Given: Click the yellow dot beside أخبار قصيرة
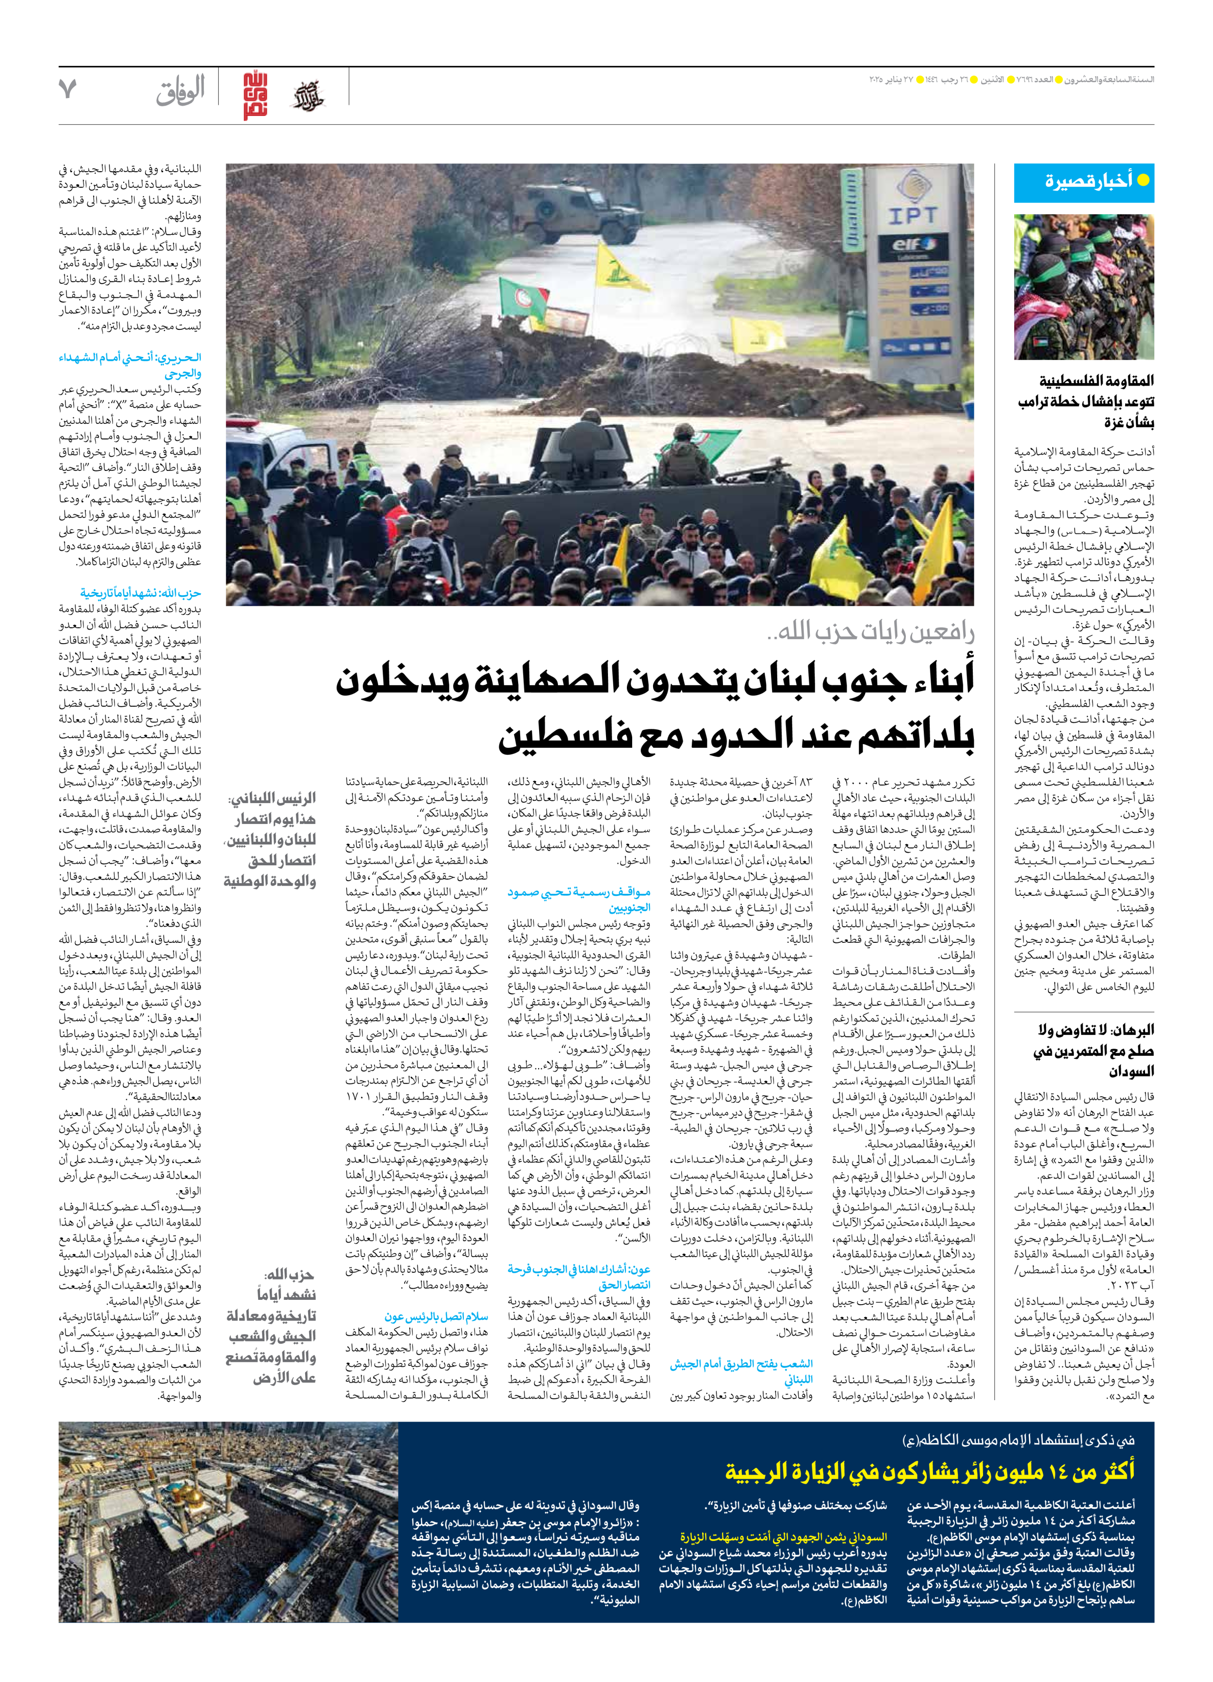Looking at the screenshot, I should tap(1143, 180).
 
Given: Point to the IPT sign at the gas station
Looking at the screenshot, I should tap(913, 216).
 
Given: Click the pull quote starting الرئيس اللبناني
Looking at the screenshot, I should tap(270, 840).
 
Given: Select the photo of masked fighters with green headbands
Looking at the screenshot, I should tap(1083, 287).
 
